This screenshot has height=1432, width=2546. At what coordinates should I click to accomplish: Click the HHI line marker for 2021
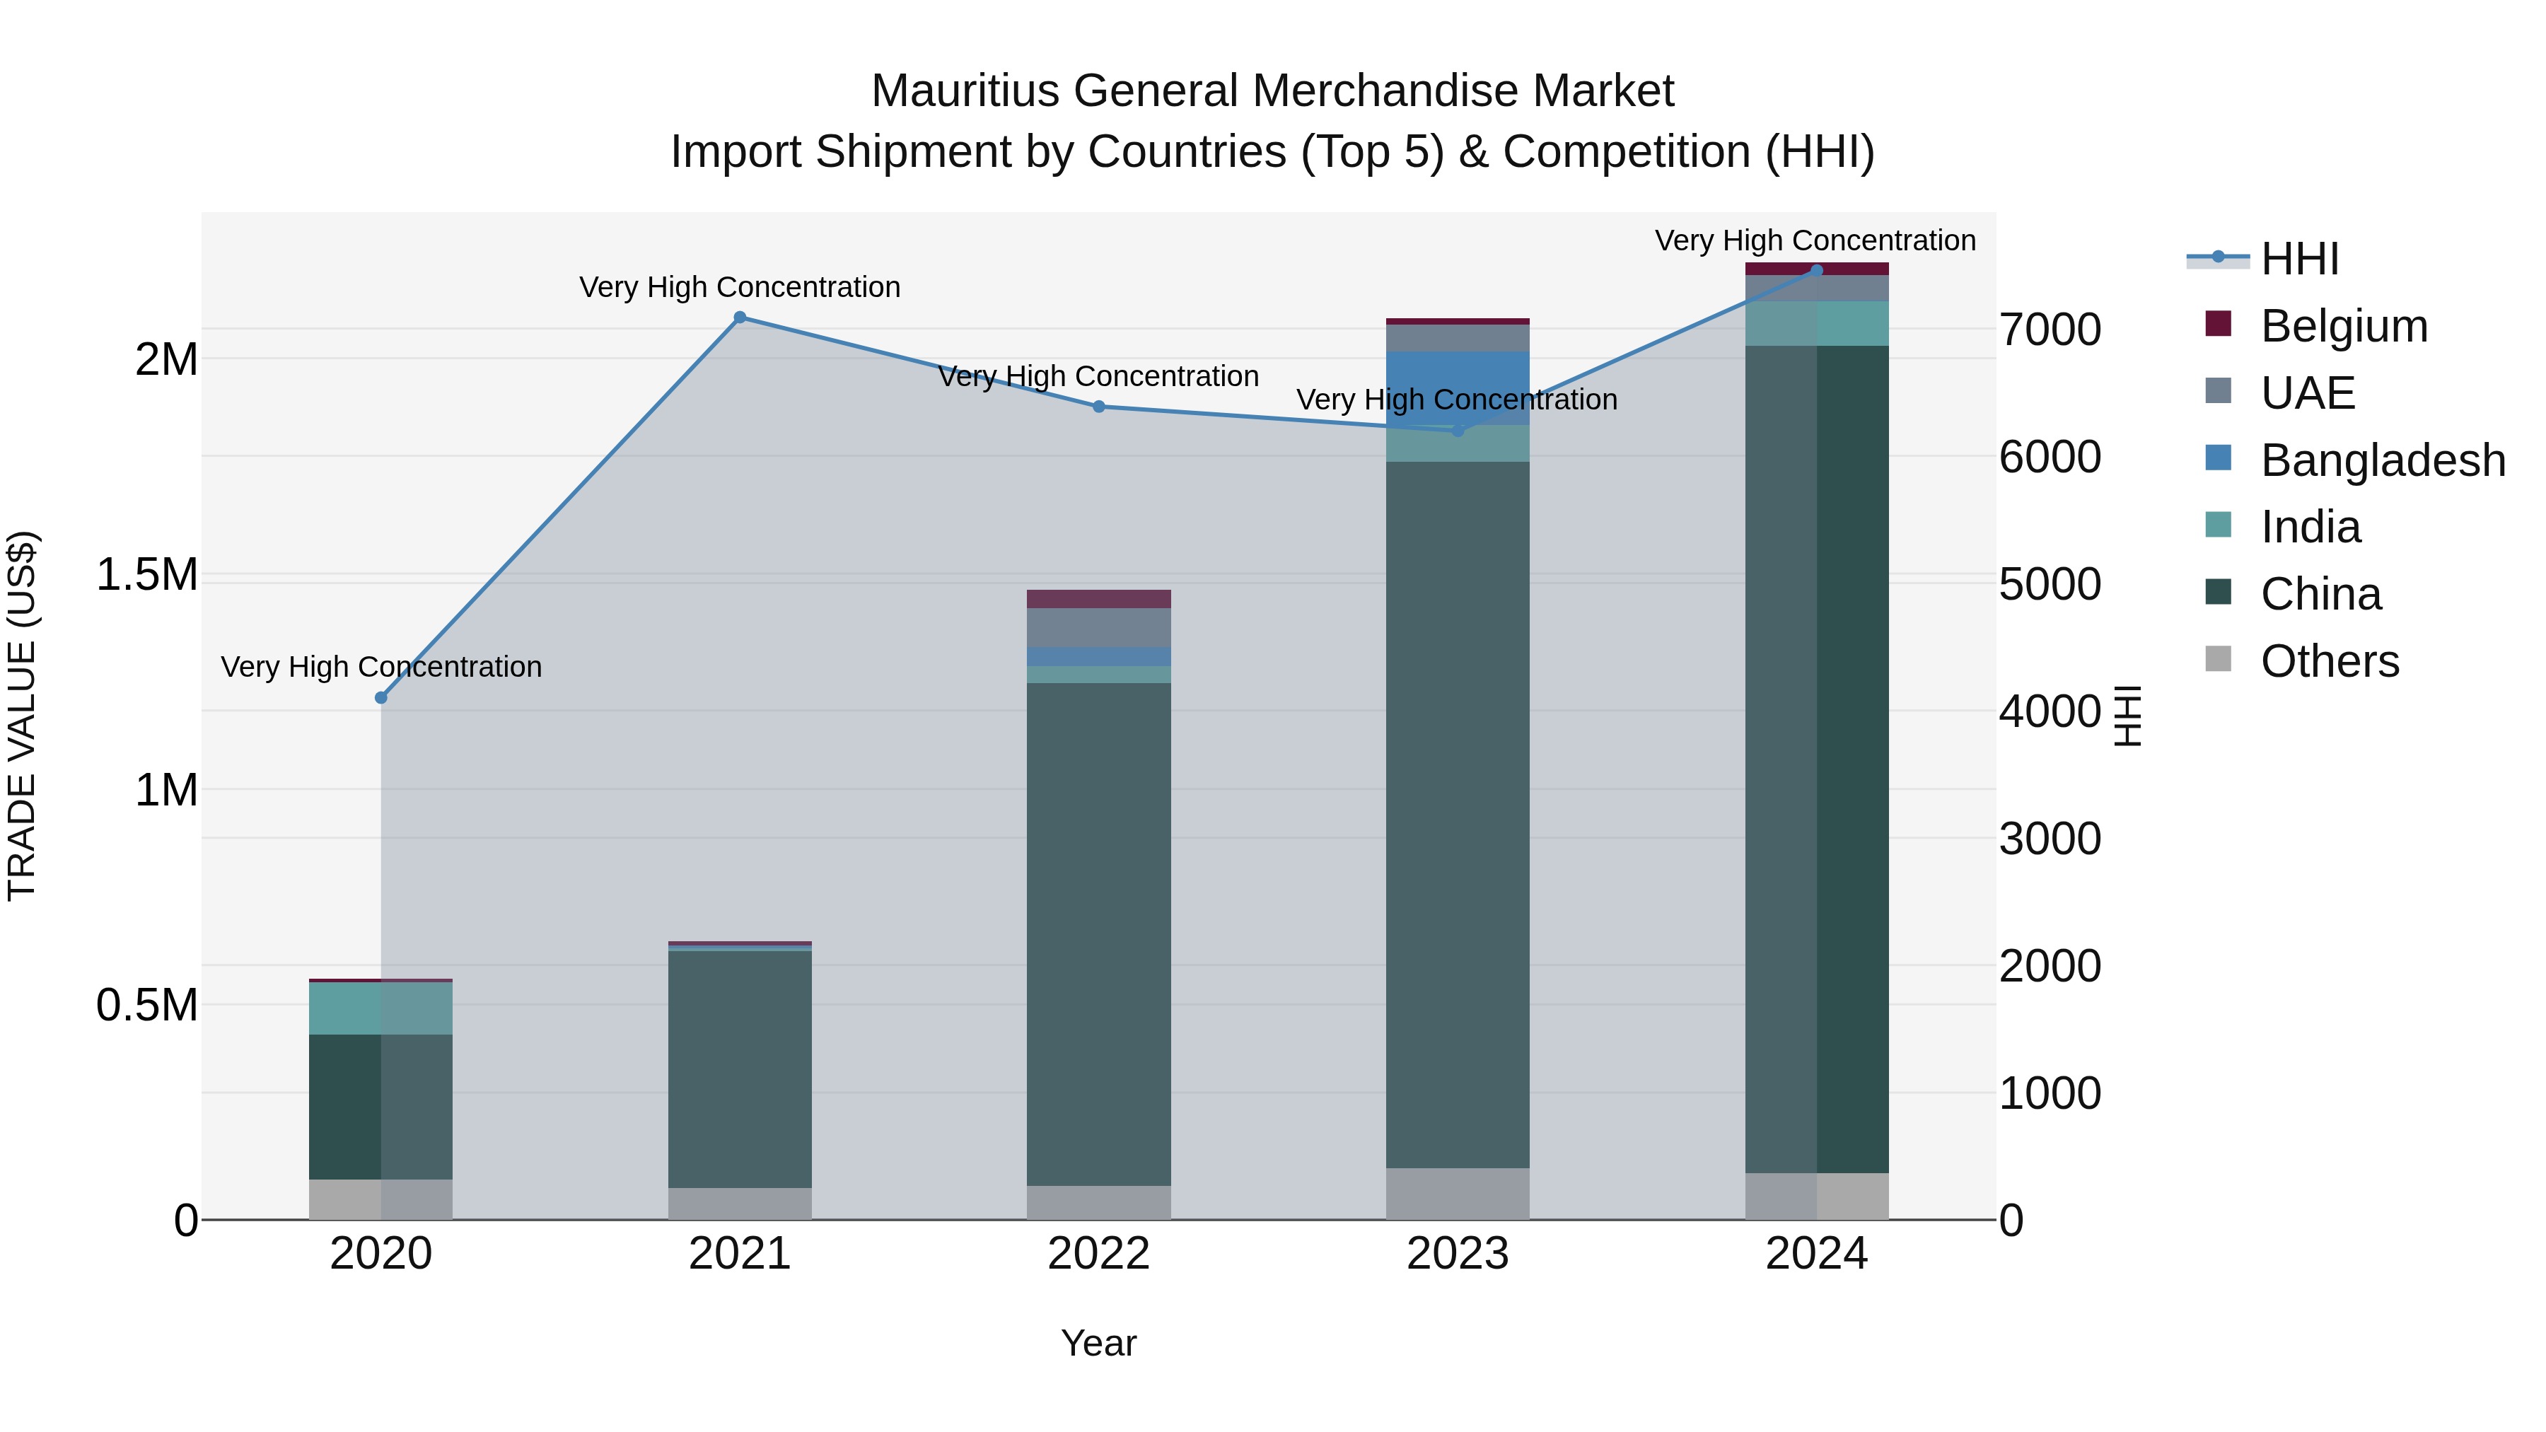click(739, 318)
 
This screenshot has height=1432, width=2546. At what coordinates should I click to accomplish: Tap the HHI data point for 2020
click(381, 698)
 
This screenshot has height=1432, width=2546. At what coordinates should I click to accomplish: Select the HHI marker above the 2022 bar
click(1098, 406)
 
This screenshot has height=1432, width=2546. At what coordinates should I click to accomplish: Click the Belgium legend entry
click(2342, 326)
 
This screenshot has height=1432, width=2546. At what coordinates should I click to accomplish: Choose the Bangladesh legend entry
click(2382, 460)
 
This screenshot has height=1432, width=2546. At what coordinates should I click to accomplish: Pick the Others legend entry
click(2329, 661)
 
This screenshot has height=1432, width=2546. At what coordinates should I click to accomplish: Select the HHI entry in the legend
click(2299, 259)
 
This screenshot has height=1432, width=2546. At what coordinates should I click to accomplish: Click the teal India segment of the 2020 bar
click(381, 1008)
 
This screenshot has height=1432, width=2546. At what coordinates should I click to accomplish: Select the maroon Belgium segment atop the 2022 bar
click(1098, 599)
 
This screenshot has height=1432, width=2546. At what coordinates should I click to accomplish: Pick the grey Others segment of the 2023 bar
click(1457, 1194)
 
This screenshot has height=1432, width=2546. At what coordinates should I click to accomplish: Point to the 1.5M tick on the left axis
click(147, 575)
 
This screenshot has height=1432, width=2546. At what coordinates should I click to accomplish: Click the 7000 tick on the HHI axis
click(2050, 330)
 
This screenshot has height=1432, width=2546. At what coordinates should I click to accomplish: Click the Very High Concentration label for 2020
click(381, 667)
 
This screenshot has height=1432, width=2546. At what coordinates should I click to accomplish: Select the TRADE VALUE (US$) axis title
click(22, 716)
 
